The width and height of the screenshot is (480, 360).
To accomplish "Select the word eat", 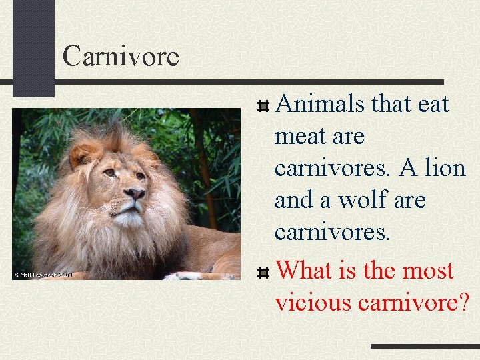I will [433, 105].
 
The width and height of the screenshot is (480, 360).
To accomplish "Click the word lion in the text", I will [445, 169].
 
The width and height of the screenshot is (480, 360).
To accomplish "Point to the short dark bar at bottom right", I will [425, 347].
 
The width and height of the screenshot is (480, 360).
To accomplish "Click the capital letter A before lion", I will [407, 169].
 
